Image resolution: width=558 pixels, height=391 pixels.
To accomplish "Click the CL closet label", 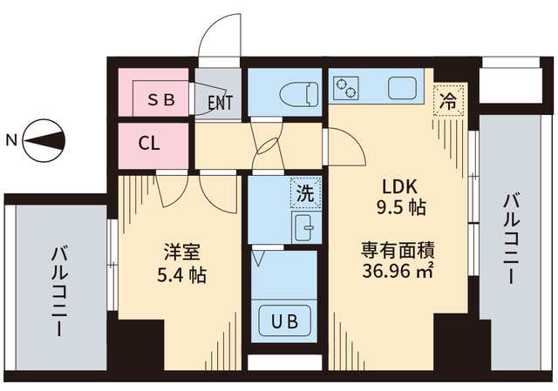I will (x=149, y=144).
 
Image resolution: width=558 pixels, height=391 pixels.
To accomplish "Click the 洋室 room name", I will (x=182, y=253).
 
